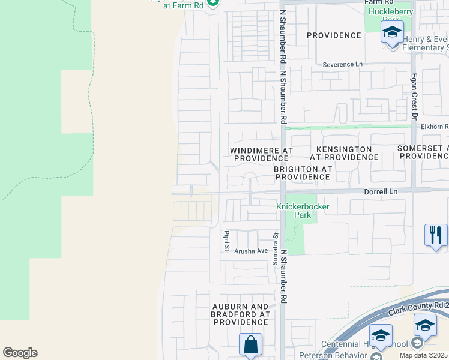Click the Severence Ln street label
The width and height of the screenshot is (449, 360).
(343, 64)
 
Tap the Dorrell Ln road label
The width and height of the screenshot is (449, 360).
(381, 191)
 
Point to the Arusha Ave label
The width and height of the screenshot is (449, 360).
(251, 251)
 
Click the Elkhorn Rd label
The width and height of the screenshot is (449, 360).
(434, 127)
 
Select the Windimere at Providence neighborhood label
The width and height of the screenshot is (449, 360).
(262, 154)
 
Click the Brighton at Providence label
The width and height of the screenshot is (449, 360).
(303, 173)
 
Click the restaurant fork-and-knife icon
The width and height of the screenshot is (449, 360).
(435, 234)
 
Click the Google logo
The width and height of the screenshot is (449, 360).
(20, 353)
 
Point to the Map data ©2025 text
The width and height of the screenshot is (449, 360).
(423, 355)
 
